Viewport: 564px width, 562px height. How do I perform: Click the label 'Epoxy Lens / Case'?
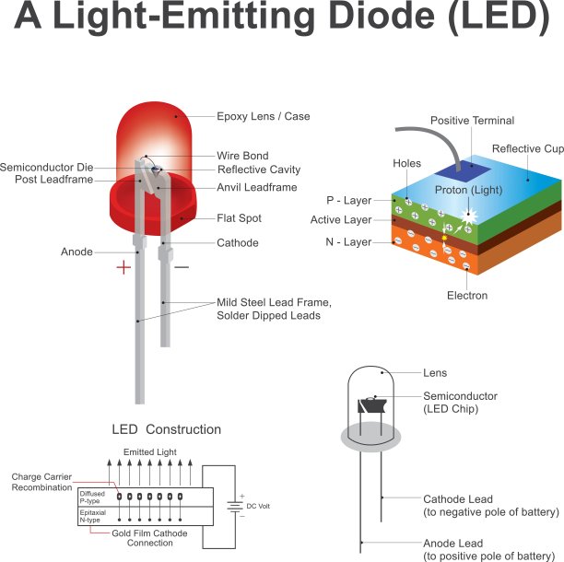click(x=263, y=117)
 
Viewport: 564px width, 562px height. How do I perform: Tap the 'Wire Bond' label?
click(x=241, y=156)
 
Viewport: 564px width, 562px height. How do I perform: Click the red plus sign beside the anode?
click(x=123, y=268)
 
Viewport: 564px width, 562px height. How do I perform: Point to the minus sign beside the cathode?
click(x=182, y=267)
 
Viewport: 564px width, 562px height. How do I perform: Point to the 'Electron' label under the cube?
click(x=467, y=296)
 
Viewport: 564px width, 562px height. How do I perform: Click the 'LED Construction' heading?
click(x=166, y=429)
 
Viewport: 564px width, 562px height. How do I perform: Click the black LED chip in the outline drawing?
click(x=374, y=404)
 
